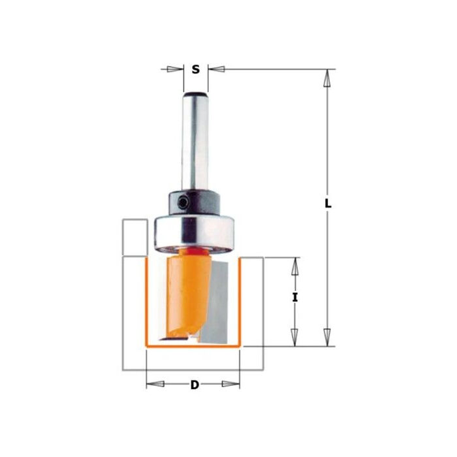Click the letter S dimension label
(x=195, y=69)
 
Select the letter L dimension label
(x=328, y=204)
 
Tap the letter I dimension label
(x=295, y=298)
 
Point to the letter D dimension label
(x=194, y=385)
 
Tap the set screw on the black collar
(x=185, y=204)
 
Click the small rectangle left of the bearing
(x=134, y=237)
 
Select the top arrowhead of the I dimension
(x=295, y=265)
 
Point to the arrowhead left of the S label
(x=174, y=69)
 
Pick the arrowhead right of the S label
(x=216, y=69)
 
